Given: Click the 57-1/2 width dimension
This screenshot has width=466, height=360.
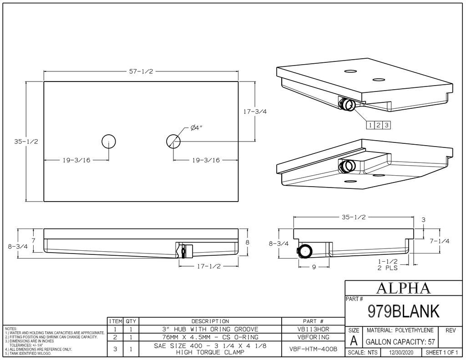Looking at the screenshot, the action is (x=141, y=71).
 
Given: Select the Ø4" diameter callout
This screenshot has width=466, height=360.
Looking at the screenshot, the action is (x=196, y=128).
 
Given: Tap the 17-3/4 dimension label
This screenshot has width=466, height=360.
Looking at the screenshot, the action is (x=255, y=112).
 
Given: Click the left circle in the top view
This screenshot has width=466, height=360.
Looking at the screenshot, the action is (x=109, y=141).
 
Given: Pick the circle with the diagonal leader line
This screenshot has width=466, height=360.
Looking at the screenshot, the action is (x=173, y=141).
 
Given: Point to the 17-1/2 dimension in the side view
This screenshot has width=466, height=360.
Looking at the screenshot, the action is (x=209, y=266).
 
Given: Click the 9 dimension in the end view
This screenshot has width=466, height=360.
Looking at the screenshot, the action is (x=314, y=267).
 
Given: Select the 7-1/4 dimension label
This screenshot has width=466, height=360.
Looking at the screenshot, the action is (x=440, y=241).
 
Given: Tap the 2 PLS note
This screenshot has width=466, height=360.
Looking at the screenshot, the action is (x=388, y=268).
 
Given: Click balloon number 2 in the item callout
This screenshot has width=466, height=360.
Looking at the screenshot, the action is (x=378, y=125).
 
